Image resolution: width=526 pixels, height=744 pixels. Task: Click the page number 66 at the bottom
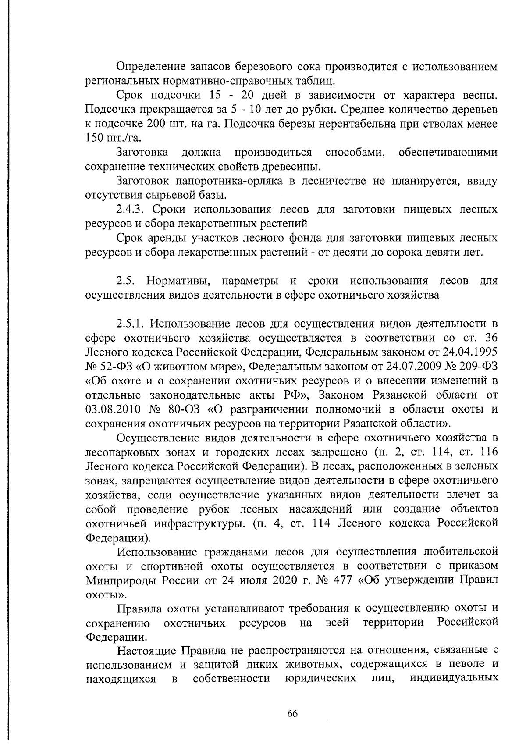click(x=292, y=713)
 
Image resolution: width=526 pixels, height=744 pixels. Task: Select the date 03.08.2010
click(x=113, y=409)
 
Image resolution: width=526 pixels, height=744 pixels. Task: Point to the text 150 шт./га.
click(x=113, y=138)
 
